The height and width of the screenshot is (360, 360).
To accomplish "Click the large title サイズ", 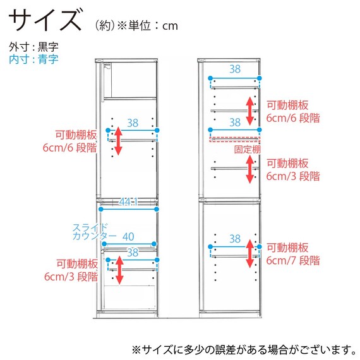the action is pyautogui.click(x=45, y=20).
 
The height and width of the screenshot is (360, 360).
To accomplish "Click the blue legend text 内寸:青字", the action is pyautogui.click(x=33, y=59).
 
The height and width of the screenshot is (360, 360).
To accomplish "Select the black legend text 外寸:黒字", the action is pyautogui.click(x=33, y=47).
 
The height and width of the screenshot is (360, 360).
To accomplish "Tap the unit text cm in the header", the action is pyautogui.click(x=170, y=26).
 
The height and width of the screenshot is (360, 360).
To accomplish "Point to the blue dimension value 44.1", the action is pyautogui.click(x=128, y=202).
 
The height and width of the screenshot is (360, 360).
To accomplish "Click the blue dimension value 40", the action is pyautogui.click(x=128, y=237).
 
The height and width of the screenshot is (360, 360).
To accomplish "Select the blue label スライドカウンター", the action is pyautogui.click(x=95, y=232).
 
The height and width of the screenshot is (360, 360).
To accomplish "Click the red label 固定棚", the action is pyautogui.click(x=248, y=150).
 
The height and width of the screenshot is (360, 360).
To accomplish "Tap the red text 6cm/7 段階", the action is pyautogui.click(x=293, y=261).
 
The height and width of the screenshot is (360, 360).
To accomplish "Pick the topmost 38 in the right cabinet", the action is pyautogui.click(x=235, y=69).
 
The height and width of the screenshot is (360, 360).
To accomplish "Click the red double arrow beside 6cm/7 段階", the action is pyautogui.click(x=250, y=254).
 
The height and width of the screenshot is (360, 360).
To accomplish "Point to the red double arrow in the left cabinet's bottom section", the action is pyautogui.click(x=119, y=270).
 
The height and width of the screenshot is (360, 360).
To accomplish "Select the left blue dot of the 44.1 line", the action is pyautogui.click(x=100, y=209).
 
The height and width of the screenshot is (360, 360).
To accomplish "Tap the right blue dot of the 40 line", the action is pyautogui.click(x=154, y=244).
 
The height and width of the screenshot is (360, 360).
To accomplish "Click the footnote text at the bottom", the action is pyautogui.click(x=244, y=350).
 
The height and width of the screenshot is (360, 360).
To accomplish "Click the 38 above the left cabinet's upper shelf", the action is pyautogui.click(x=133, y=123).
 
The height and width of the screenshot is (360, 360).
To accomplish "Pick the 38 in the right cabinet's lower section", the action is pyautogui.click(x=235, y=239).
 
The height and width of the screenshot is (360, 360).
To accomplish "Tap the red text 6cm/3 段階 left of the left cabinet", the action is pyautogui.click(x=71, y=277).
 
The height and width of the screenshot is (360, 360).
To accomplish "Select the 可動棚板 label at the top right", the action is pyautogui.click(x=287, y=105).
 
